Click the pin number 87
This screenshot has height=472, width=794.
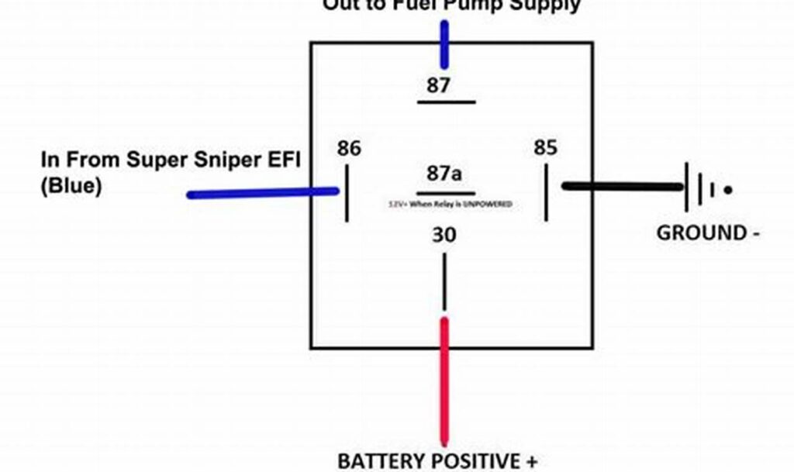click(438, 85)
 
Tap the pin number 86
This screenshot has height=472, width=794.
click(349, 148)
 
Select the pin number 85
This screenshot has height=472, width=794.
click(545, 148)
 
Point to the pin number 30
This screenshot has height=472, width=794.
click(444, 235)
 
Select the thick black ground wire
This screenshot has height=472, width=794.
click(620, 187)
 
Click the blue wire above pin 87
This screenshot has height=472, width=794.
click(444, 44)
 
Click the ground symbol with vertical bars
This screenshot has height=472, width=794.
click(702, 188)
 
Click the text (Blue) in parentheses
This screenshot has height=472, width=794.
click(71, 187)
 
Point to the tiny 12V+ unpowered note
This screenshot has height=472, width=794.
click(450, 204)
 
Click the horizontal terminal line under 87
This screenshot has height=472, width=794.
click(446, 102)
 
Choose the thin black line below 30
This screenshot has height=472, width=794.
click(444, 283)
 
